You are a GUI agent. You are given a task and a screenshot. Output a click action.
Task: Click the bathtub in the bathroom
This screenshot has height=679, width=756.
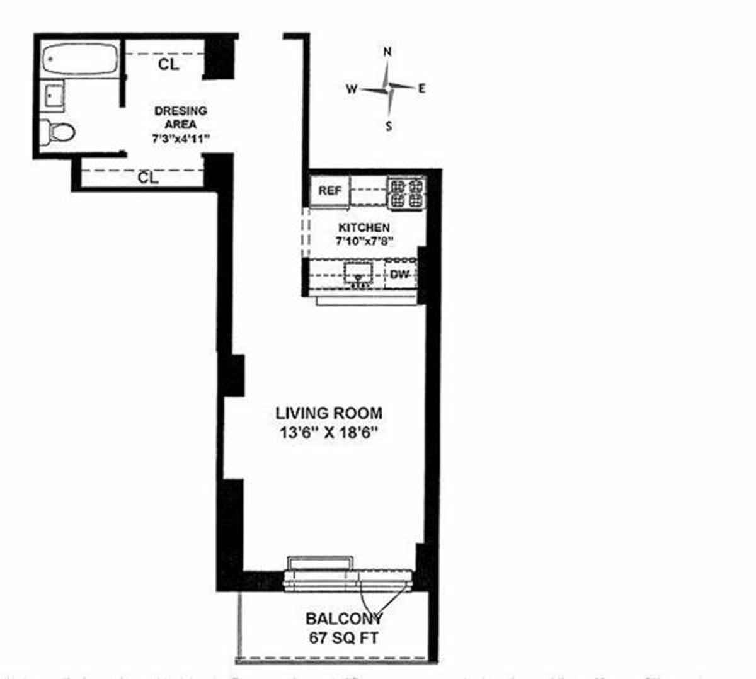point(78,60)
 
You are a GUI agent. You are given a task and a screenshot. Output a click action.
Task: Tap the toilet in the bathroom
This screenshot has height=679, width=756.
point(58,132)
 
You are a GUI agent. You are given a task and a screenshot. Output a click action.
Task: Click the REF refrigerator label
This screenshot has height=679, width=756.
point(329,191)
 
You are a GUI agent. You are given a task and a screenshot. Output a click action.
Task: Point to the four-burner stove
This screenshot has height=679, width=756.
point(406,193)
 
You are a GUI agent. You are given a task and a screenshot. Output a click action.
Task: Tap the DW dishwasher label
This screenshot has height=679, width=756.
point(400,275)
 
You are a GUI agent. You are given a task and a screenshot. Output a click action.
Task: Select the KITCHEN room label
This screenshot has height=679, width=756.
point(364,227)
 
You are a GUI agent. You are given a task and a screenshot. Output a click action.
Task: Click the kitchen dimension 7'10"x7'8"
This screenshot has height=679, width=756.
point(364,240)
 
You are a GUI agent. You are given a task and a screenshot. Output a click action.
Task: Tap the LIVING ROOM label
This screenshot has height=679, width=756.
point(328,413)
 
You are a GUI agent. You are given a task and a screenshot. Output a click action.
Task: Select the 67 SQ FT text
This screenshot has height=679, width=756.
point(343,637)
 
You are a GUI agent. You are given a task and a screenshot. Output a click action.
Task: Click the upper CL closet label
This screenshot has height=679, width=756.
point(168,64)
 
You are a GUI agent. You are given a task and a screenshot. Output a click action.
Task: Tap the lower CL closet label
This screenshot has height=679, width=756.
point(148,178)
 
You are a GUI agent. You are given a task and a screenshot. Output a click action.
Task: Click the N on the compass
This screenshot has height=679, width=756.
point(388,52)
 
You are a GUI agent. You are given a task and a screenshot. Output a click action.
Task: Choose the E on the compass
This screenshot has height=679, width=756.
point(421,89)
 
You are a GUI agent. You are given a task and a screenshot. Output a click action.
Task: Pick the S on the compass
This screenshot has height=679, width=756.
point(389,126)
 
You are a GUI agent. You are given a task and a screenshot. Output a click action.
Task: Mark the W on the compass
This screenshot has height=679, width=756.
point(351,89)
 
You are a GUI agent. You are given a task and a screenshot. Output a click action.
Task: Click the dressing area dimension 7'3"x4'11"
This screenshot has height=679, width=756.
point(180,139)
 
